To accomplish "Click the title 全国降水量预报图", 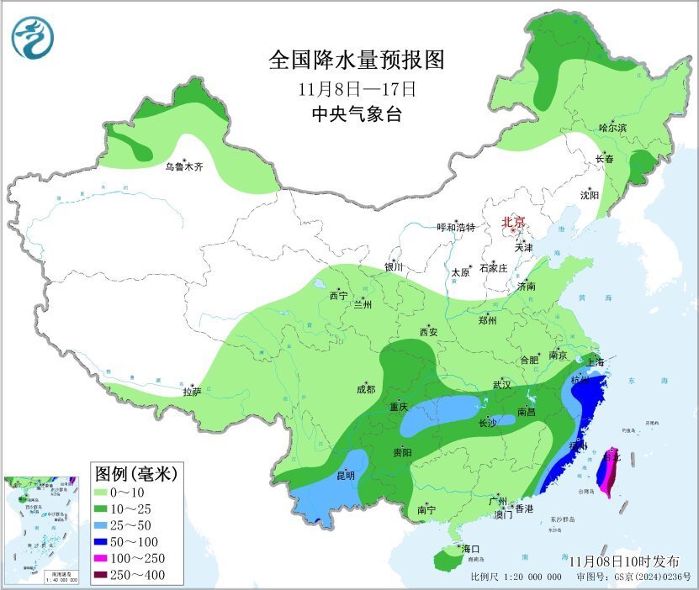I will (x=355, y=61).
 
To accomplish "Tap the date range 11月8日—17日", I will (x=357, y=88).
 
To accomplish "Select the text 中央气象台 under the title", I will (x=356, y=114).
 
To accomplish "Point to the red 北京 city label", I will (x=513, y=223).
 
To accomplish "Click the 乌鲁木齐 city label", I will (x=183, y=167).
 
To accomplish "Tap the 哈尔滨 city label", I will (x=612, y=128).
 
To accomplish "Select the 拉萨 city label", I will (x=192, y=391).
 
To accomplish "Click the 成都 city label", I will (x=366, y=389).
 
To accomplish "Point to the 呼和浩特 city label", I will (x=456, y=228).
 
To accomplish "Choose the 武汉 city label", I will (x=503, y=385).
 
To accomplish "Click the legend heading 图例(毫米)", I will (x=135, y=474).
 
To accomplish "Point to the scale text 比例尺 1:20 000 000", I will (x=516, y=577).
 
